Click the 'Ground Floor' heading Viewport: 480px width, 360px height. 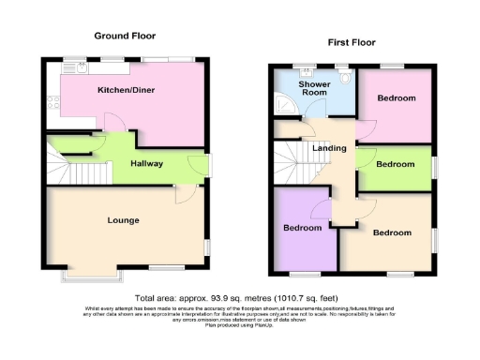pyautogui.click(x=124, y=36)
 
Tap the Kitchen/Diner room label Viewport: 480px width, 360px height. pyautogui.click(x=126, y=91)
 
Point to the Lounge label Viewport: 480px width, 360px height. pyautogui.click(x=123, y=220)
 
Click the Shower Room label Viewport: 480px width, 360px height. pyautogui.click(x=314, y=90)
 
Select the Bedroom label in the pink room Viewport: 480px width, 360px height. pyautogui.click(x=397, y=98)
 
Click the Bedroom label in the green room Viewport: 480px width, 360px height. pyautogui.click(x=395, y=164)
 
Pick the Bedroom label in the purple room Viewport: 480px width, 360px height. pyautogui.click(x=304, y=228)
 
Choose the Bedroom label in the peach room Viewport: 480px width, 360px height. pyautogui.click(x=391, y=232)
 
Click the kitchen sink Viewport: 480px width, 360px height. pyautogui.click(x=82, y=68)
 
